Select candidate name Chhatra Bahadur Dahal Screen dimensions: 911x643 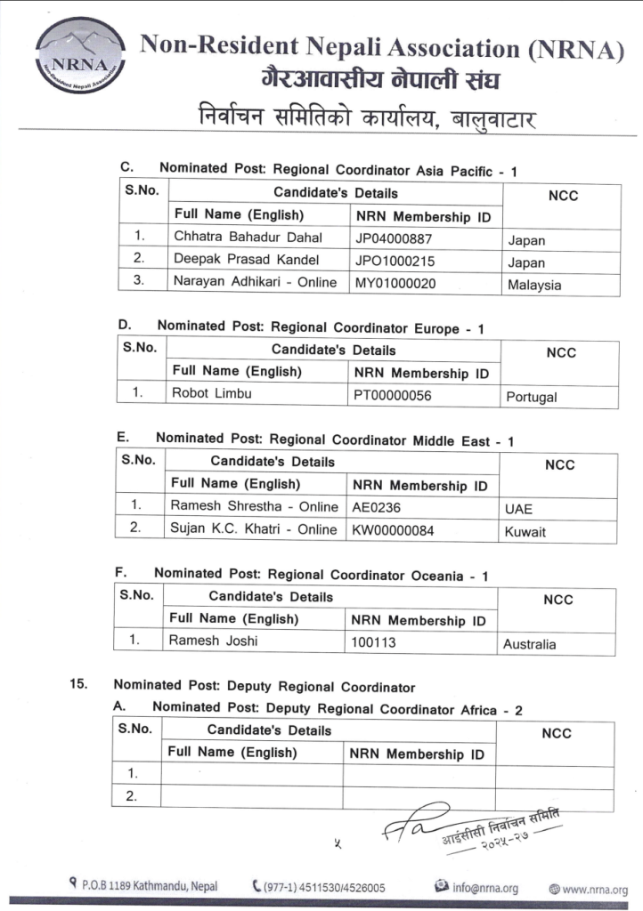(x=248, y=238)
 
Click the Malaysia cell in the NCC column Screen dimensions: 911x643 (x=534, y=286)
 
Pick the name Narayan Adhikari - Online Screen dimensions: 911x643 (x=256, y=283)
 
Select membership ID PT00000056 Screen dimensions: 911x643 (x=393, y=396)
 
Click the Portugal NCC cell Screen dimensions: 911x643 (x=532, y=398)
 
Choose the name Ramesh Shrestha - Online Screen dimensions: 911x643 (x=253, y=505)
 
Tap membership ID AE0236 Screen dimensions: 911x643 (x=374, y=508)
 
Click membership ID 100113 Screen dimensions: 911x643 (x=374, y=642)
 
